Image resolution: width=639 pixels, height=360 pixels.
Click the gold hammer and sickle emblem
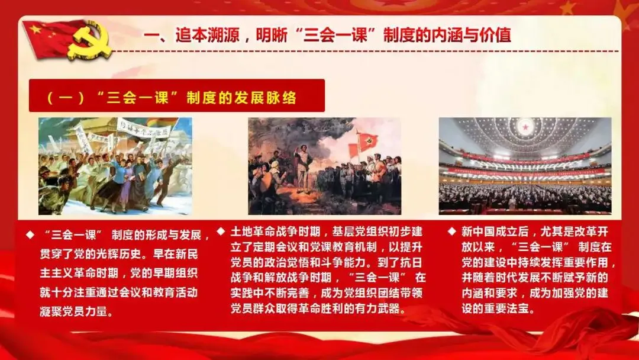91,41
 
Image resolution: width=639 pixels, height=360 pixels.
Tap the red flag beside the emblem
49,37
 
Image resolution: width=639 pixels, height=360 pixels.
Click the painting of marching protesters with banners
115,166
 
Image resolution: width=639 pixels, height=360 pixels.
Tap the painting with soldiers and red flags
324,166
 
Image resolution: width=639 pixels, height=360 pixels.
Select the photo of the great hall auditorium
525,166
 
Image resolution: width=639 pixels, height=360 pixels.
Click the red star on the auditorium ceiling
525,127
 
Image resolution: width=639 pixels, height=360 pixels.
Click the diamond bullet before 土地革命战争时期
221,232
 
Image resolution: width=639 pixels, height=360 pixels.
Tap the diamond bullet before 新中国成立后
451,231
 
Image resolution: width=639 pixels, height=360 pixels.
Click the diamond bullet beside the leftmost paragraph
30,235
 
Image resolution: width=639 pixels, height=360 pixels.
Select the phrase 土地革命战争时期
276,232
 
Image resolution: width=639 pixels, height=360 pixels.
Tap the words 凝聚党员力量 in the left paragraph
74,311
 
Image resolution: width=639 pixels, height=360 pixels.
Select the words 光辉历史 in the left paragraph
119,254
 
